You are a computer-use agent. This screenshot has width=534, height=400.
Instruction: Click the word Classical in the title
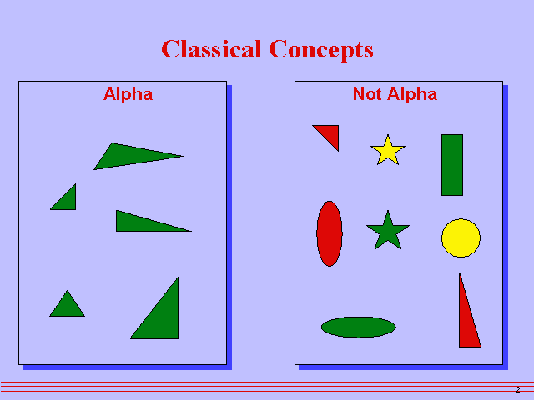212,49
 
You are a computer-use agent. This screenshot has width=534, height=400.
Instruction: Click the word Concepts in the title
321,49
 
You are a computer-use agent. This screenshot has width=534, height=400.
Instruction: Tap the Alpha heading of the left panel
128,94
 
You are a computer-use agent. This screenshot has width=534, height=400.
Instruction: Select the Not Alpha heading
395,94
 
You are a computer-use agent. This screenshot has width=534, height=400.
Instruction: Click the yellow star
388,151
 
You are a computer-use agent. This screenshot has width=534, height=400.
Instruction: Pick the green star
388,232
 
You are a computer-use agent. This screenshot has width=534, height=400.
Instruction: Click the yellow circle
461,238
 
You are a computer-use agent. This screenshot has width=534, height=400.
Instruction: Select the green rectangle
451,165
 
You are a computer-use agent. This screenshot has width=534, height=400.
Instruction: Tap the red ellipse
330,233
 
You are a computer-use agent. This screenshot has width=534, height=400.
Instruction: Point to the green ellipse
358,327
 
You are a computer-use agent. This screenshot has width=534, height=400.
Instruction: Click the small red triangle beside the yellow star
330,133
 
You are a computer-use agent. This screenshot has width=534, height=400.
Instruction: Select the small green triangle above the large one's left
67,307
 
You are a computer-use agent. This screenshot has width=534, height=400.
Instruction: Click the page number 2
517,390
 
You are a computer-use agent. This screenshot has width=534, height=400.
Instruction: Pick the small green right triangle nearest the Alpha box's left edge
68,201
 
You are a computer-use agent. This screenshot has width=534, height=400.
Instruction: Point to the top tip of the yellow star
387,135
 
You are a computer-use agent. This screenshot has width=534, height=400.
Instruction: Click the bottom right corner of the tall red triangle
481,346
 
